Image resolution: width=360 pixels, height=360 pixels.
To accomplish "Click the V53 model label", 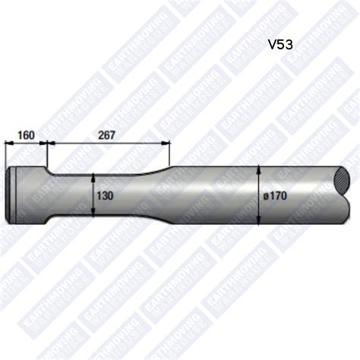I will tap(280, 44).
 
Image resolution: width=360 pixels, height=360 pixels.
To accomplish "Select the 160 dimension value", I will tap(26, 135).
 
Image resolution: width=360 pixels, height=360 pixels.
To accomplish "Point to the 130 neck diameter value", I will tap(105, 195).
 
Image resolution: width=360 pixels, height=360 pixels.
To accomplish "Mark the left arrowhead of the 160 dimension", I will tap(8, 142).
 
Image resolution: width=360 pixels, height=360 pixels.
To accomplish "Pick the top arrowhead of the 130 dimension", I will tap(93, 176).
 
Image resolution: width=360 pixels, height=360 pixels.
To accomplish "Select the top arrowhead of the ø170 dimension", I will tap(259, 168).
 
